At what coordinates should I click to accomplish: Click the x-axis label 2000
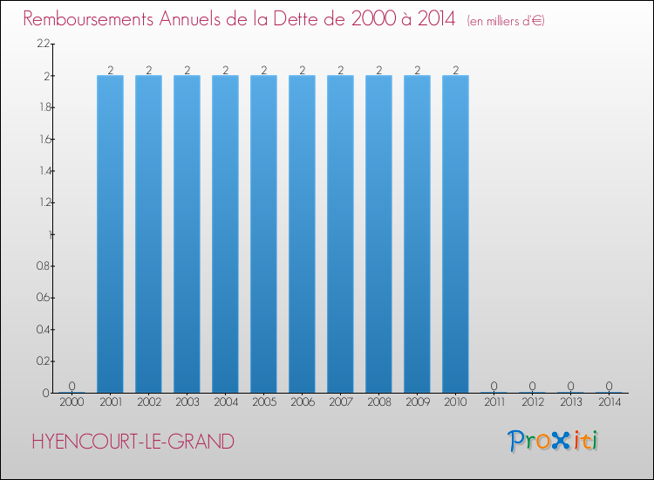72,403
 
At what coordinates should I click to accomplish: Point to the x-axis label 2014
609,403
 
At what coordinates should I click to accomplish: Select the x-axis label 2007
340,403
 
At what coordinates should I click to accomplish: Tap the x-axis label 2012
532,403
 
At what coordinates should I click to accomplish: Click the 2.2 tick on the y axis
43,44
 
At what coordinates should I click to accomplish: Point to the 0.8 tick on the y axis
43,265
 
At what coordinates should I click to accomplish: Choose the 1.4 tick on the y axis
43,170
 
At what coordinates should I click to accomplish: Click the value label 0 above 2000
72,386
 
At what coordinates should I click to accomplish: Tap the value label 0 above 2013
570,386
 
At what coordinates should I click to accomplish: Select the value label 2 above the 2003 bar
187,69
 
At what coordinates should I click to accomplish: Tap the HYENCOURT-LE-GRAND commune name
132,442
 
